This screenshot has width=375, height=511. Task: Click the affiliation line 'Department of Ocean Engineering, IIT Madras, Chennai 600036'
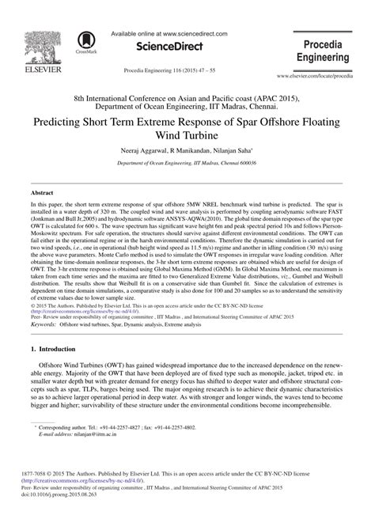(x=187, y=161)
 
